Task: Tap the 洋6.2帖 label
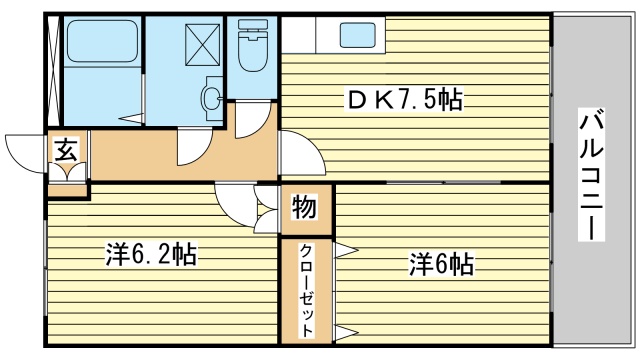pos(150,255)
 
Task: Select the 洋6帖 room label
pos(440,265)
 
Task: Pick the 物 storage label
pos(304,208)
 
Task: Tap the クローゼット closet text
pos(306,289)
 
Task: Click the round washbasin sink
pos(211,98)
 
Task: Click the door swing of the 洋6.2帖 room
pos(235,205)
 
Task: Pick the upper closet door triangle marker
pos(346,250)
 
